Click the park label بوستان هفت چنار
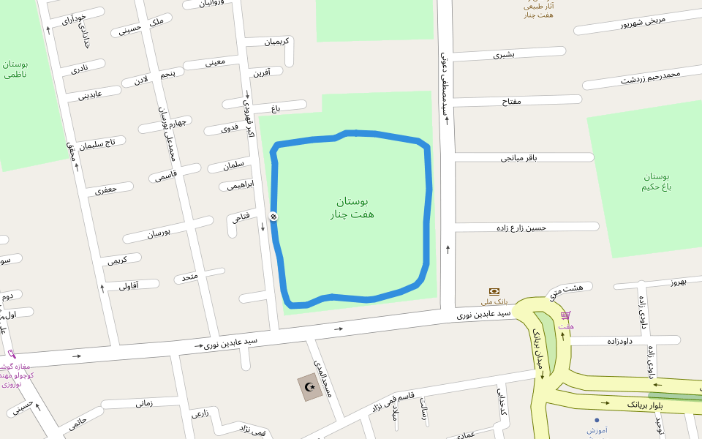coord(352,208)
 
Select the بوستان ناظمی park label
coord(15,69)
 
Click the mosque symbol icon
coord(311,387)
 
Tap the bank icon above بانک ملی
coord(494,291)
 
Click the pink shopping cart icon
coord(565,315)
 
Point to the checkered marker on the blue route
coord(273,216)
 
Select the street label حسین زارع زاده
coord(521,228)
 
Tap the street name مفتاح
coord(511,101)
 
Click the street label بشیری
coord(504,54)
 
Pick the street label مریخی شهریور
coord(643,22)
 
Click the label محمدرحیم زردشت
coord(651,77)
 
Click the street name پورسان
coord(159,233)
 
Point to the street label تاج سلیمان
coord(97,143)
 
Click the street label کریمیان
coord(276,41)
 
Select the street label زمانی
coord(144,402)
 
